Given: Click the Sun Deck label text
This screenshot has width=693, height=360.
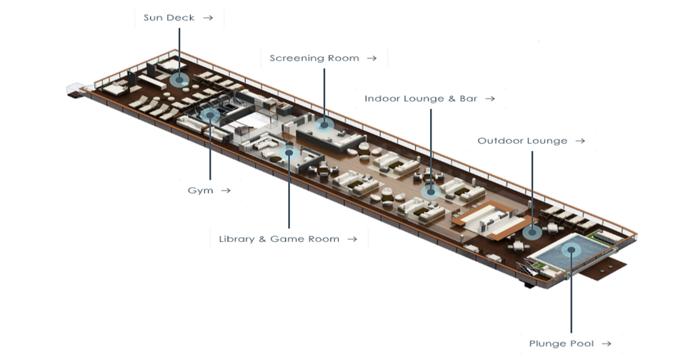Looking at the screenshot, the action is coord(169,18).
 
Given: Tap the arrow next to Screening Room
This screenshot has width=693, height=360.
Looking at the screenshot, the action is coord(372,58).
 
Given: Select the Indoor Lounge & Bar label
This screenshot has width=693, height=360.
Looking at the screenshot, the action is coord(421,99).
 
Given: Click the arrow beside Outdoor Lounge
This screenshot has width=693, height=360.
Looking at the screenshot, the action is coord(580,141).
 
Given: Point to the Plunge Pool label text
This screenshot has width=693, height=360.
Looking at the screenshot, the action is coord(561,344).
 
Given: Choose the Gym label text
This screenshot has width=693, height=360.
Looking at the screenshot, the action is coord(200,190).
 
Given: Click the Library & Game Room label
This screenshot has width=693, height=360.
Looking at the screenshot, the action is coord(279,239).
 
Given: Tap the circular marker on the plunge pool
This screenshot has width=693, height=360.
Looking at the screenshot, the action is coord(571,250).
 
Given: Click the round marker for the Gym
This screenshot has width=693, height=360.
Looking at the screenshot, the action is coord(210,115).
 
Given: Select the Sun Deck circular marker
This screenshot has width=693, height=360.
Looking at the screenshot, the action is coord(180,80).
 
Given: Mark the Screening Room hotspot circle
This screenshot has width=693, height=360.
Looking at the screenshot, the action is coord(324,125).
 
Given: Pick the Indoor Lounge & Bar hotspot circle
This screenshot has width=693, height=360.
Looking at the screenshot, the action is coord(431,192).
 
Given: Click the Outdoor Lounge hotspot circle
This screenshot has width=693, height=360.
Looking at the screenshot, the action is coord(532,232).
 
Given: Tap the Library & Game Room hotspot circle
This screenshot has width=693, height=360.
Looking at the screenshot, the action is coord(289,153).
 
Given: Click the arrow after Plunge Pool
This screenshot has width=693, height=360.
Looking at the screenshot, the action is coord(607,344).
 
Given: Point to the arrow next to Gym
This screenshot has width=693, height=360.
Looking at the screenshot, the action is coord(226,190).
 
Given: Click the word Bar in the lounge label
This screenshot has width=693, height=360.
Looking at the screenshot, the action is coord(468,99).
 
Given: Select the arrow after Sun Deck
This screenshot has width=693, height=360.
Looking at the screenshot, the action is coord(208,18).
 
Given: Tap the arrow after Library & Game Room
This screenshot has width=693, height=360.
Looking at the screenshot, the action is coord(352,239).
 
